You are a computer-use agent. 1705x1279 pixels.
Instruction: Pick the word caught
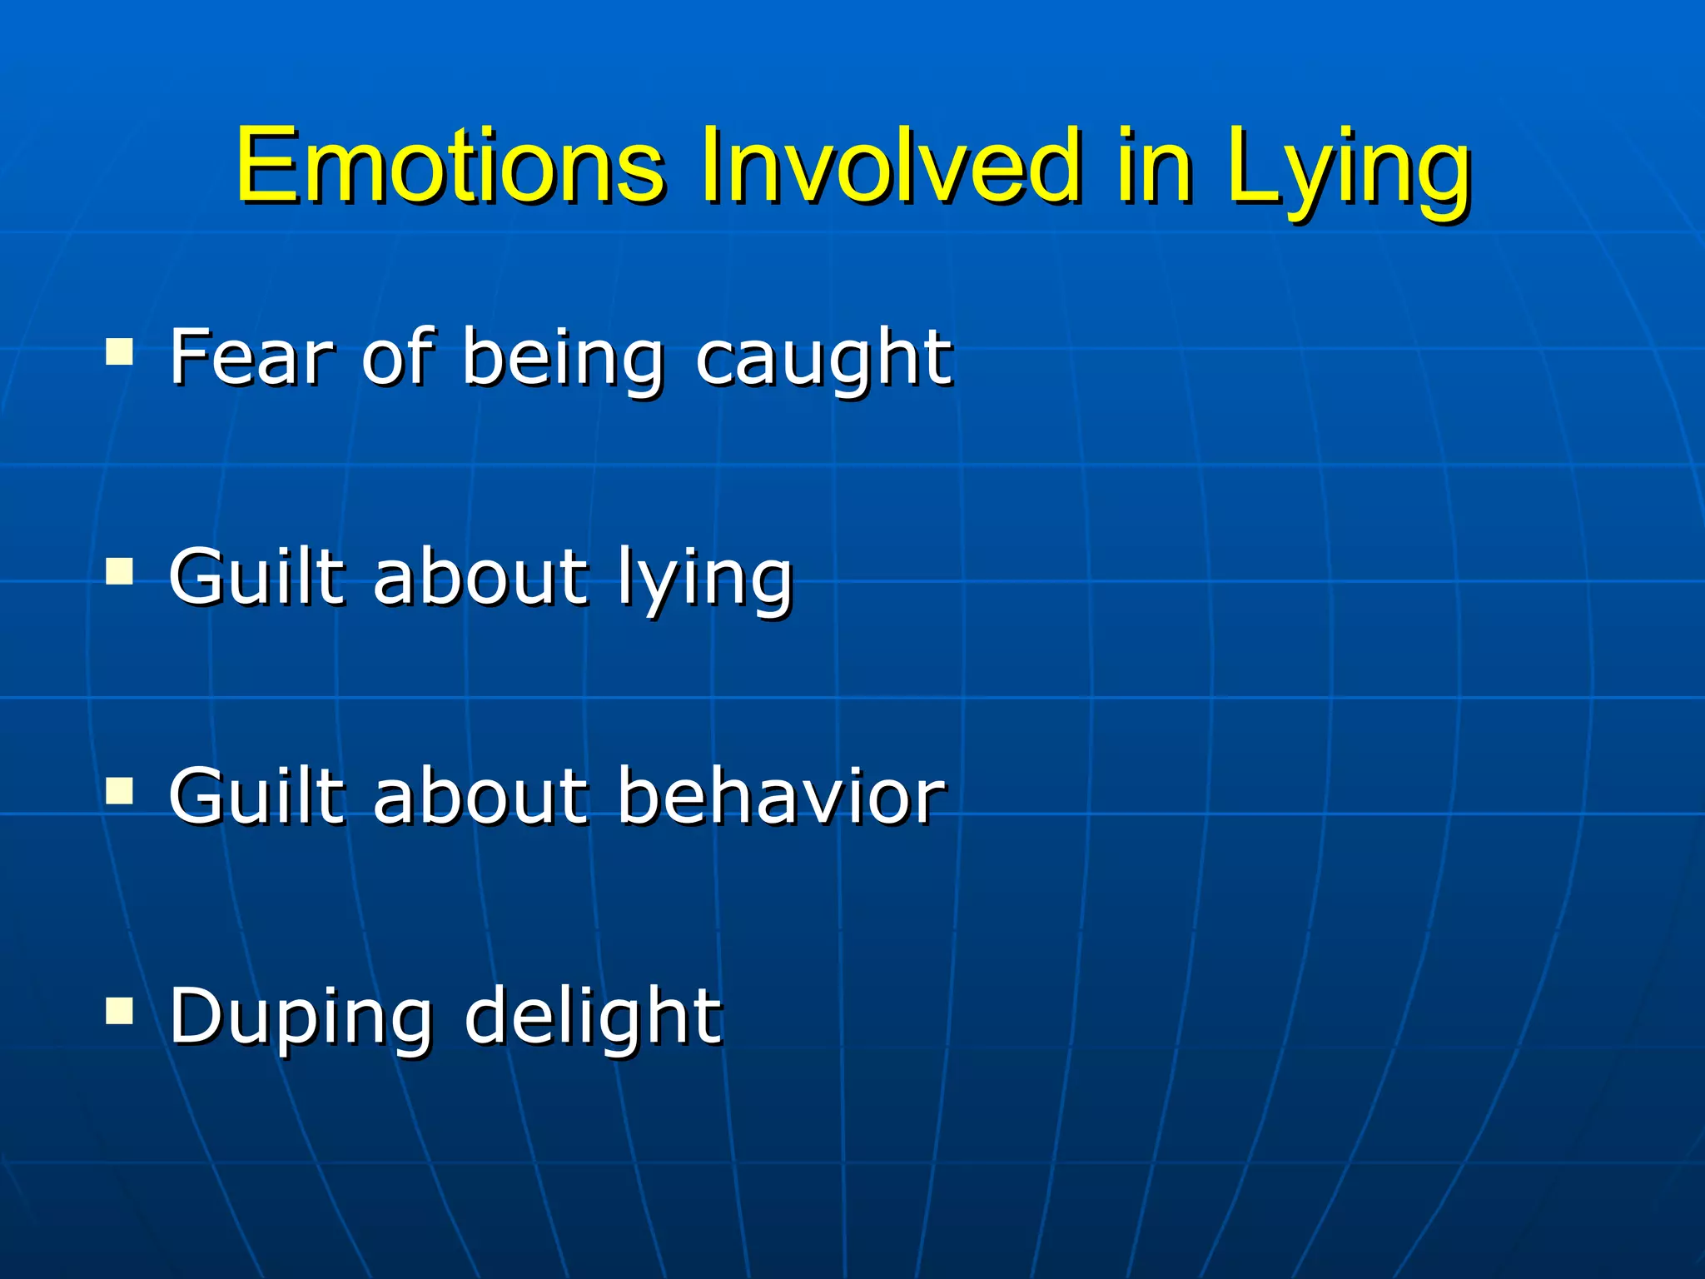click(x=823, y=360)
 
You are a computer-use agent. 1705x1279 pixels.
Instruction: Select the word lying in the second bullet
click(x=705, y=580)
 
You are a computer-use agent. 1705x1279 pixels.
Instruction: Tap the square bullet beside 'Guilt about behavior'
click(x=120, y=791)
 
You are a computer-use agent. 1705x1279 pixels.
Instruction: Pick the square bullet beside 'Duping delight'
click(x=120, y=1011)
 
